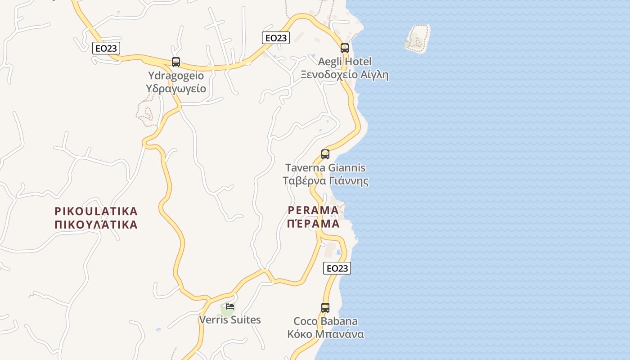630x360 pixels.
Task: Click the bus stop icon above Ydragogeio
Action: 176,62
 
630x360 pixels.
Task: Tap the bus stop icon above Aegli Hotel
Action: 345,48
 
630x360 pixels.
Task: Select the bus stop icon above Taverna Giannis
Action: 325,154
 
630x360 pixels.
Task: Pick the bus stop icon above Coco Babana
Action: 325,308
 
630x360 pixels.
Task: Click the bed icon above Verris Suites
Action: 230,306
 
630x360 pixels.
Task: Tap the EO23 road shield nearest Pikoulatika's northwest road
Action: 106,48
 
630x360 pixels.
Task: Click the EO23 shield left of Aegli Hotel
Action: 276,38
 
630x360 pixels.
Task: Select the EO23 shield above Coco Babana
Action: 337,268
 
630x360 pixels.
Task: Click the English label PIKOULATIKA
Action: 96,211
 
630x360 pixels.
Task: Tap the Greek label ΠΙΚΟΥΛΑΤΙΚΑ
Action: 96,225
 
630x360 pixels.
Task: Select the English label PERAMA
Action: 313,210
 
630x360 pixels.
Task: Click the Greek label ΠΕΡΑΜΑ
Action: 313,224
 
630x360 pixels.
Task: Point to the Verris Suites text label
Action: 230,320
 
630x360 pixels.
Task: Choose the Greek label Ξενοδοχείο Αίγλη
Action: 345,75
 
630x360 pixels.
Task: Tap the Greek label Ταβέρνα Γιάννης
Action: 325,181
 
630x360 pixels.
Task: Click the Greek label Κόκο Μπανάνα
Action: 326,334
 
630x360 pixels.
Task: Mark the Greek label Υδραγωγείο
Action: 176,88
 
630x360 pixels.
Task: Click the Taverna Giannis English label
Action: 325,168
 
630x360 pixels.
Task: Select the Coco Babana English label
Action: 326,321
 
